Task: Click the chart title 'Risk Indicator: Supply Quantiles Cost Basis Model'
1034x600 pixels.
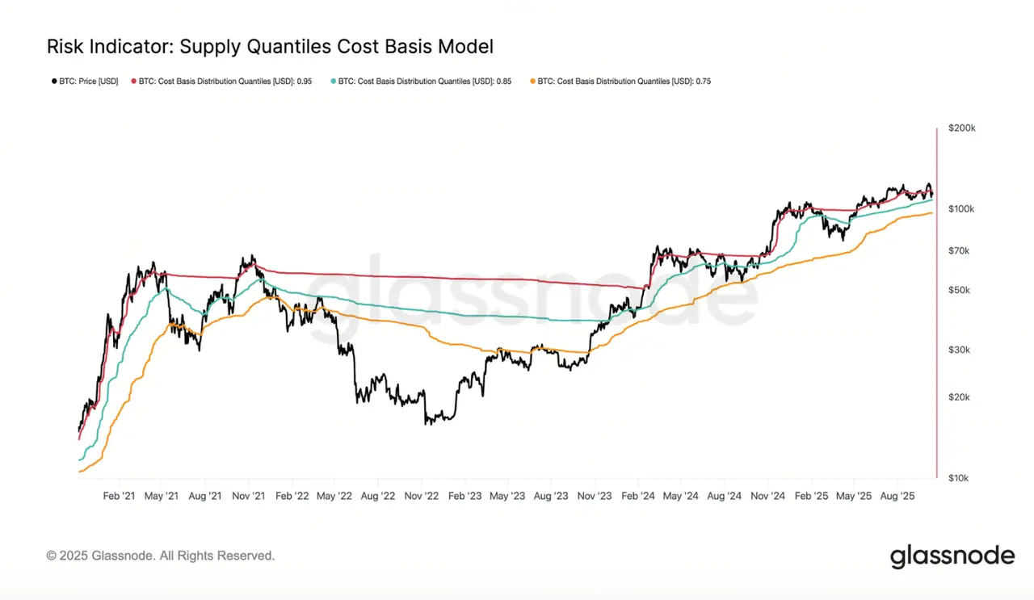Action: coord(270,47)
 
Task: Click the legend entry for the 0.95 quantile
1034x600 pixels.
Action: coord(229,82)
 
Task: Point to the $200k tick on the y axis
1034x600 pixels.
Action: coord(962,128)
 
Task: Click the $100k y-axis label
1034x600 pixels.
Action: coord(962,209)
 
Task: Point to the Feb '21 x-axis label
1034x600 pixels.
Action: coord(119,495)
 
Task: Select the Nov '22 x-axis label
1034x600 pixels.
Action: coord(421,495)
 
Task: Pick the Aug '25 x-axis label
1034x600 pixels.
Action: coord(896,495)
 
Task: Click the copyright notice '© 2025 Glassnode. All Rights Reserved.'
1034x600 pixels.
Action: coord(161,556)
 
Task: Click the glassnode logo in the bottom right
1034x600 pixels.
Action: coord(952,556)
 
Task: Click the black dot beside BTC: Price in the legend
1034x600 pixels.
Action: coord(54,82)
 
